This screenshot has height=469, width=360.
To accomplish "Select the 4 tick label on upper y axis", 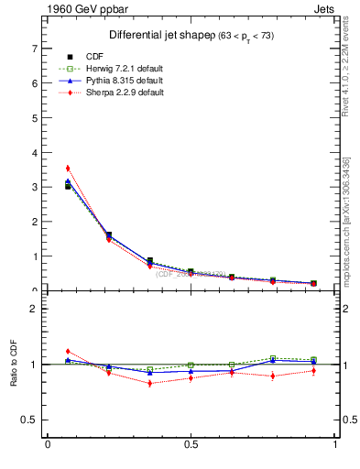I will coord(35,152).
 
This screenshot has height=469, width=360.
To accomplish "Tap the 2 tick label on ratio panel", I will coord(35,309).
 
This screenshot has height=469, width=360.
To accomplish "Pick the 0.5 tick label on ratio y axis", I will coord(29,420).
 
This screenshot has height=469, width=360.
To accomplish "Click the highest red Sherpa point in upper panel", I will coord(68,169).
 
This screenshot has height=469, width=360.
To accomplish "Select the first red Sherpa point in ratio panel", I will coord(68,351).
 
